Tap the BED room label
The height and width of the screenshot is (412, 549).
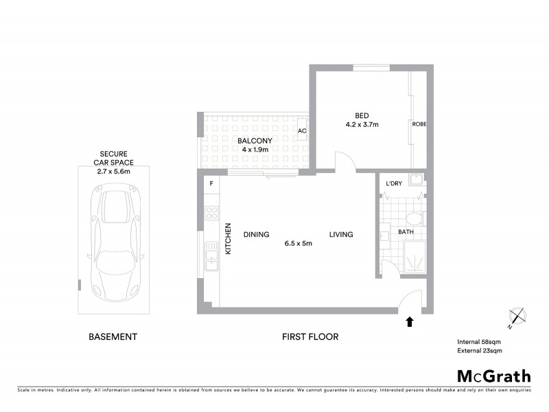pos(362,115)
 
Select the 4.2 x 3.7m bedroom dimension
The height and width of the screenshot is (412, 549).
pos(362,125)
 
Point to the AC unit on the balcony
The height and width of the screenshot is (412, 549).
pos(301,130)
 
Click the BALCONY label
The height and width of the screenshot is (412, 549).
pos(255,141)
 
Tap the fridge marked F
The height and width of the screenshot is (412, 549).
pos(211,185)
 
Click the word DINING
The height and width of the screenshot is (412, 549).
pos(256,235)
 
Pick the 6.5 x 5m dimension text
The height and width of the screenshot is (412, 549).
pos(299,244)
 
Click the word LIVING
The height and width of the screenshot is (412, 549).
pos(340,235)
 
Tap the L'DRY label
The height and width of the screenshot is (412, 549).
pos(393,183)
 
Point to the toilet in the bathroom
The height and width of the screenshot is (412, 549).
pos(413,220)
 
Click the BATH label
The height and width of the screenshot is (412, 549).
pos(406,233)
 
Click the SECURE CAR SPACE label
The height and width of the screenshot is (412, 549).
pos(115,159)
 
